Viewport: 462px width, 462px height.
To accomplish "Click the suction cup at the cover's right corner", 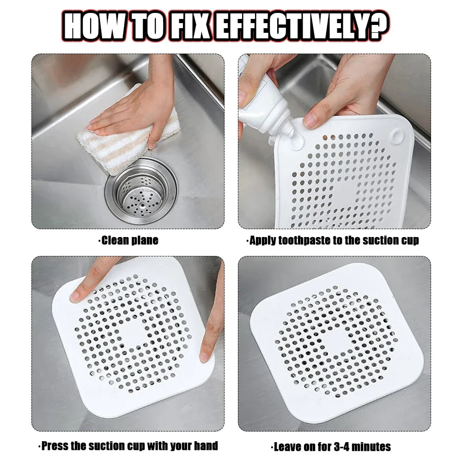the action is tap(397, 136).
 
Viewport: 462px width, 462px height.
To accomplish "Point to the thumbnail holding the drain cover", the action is tap(311, 121).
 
